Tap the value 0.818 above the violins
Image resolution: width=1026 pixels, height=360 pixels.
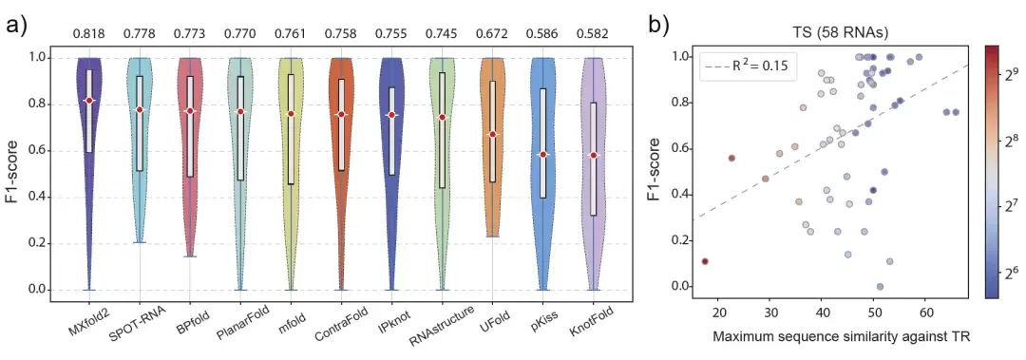click(x=89, y=32)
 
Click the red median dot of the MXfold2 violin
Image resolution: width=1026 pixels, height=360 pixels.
click(x=89, y=100)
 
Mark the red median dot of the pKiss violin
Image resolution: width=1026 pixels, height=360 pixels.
click(x=542, y=155)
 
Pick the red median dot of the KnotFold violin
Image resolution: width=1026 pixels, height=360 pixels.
click(x=593, y=155)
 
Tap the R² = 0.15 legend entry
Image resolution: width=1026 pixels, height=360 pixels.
click(x=749, y=66)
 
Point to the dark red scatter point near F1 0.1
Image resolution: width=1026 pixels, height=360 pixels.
click(x=705, y=261)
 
